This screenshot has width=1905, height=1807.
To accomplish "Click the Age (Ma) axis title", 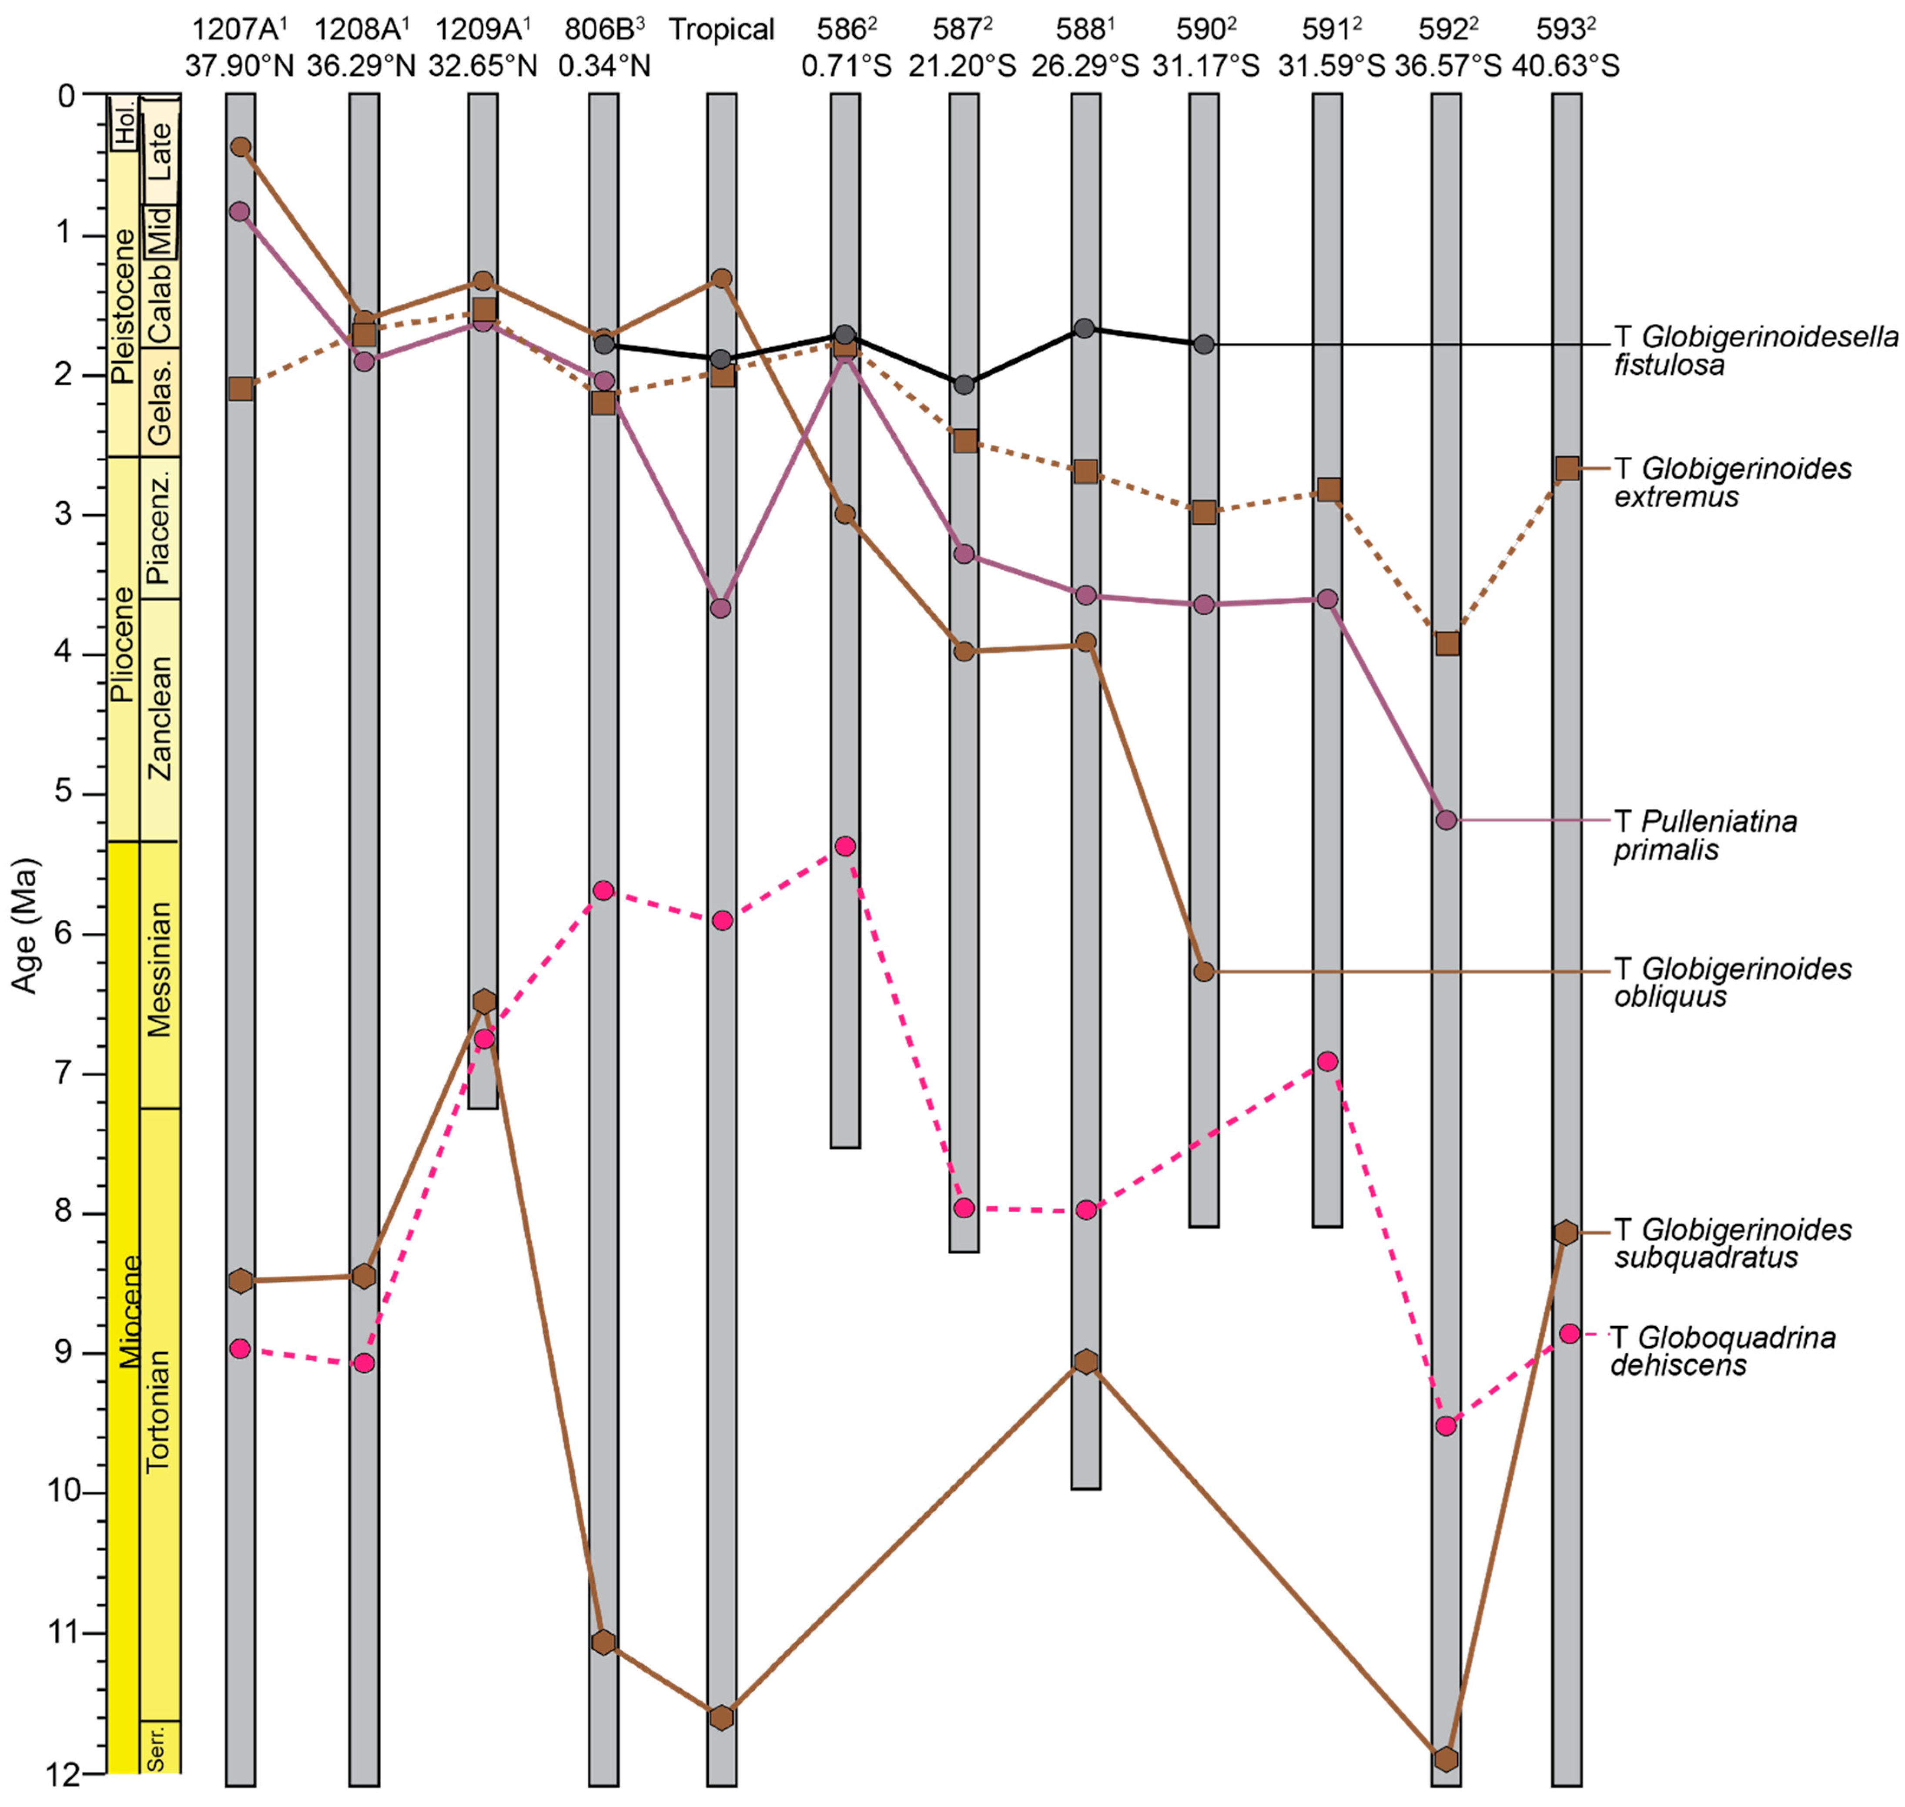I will coord(25,925).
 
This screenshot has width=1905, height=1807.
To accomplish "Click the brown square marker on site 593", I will coord(1567,468).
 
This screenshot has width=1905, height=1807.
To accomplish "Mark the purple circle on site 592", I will coord(1446,820).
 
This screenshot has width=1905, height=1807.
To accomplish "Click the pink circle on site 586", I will coord(845,846).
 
